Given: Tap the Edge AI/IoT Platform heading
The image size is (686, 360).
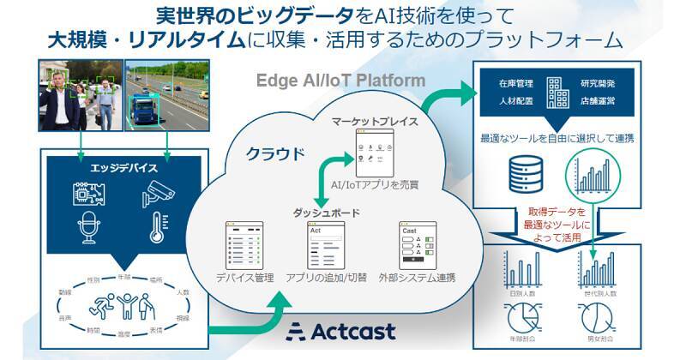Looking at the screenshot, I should click(341, 80).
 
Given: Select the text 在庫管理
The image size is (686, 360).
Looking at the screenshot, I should click(516, 84).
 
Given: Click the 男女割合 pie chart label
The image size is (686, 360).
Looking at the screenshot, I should click(594, 349).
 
